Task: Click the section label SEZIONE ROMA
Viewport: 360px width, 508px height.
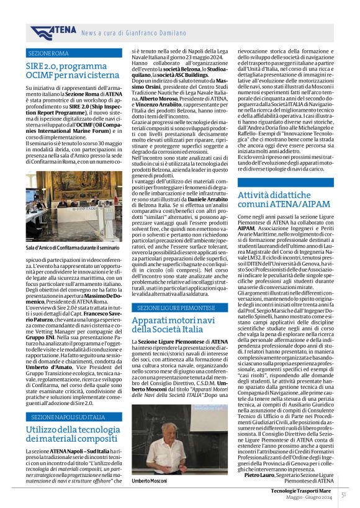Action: tap(48, 53)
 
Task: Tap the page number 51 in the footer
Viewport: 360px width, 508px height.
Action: tap(343, 494)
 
